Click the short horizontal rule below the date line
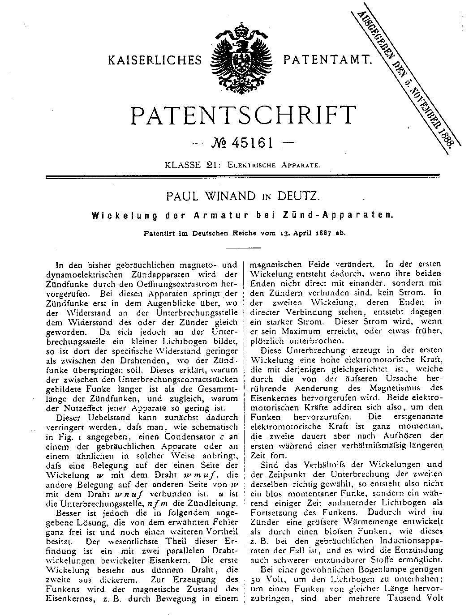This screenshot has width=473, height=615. coord(247,248)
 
